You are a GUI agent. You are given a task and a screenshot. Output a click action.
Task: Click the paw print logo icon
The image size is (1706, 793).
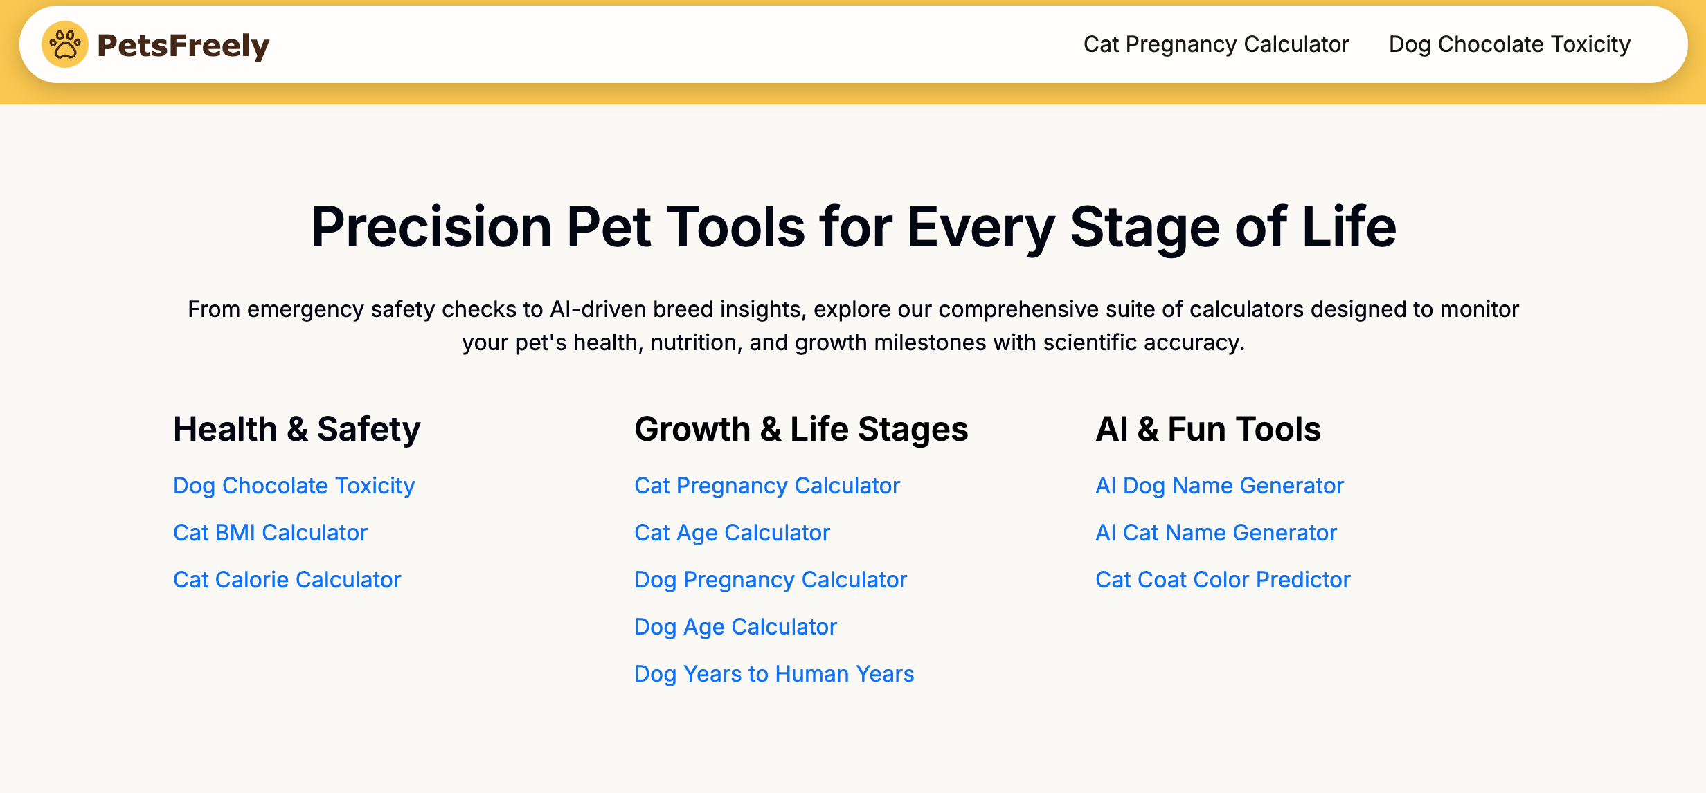click(65, 44)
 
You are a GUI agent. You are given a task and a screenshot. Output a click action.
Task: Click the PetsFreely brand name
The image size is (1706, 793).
click(183, 46)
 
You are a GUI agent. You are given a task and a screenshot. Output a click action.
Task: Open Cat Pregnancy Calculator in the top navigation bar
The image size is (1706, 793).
click(1216, 44)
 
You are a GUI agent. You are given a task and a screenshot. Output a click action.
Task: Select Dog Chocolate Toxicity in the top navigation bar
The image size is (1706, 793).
click(1509, 44)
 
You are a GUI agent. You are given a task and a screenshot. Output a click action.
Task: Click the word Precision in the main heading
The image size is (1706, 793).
click(431, 227)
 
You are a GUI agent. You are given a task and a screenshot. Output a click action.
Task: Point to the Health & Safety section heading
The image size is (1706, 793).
click(296, 429)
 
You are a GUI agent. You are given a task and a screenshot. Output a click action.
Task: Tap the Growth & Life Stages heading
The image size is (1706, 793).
click(801, 429)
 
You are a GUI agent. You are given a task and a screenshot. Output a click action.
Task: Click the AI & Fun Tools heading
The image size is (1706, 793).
click(1208, 429)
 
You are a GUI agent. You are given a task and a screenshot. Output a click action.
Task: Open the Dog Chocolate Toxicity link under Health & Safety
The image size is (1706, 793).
click(294, 486)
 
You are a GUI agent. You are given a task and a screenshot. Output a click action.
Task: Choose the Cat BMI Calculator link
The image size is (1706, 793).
click(270, 533)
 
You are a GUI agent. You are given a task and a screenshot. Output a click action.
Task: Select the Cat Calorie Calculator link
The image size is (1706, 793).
click(287, 580)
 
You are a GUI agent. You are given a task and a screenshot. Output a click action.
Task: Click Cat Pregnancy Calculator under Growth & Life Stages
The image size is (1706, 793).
click(767, 486)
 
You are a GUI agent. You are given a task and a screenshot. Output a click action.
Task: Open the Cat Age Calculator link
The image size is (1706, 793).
click(732, 533)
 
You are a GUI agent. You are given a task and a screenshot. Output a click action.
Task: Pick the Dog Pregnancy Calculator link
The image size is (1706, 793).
click(771, 580)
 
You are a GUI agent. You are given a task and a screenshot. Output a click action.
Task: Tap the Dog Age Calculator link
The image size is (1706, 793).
click(735, 627)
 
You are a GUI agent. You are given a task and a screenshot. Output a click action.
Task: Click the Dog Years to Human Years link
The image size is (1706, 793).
click(774, 674)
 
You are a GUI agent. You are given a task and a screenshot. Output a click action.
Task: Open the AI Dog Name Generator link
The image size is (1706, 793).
click(1219, 486)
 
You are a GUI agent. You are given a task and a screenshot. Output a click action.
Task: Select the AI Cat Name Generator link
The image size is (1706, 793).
click(1216, 533)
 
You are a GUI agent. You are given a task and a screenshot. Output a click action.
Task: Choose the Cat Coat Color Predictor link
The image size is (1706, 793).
click(1223, 580)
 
